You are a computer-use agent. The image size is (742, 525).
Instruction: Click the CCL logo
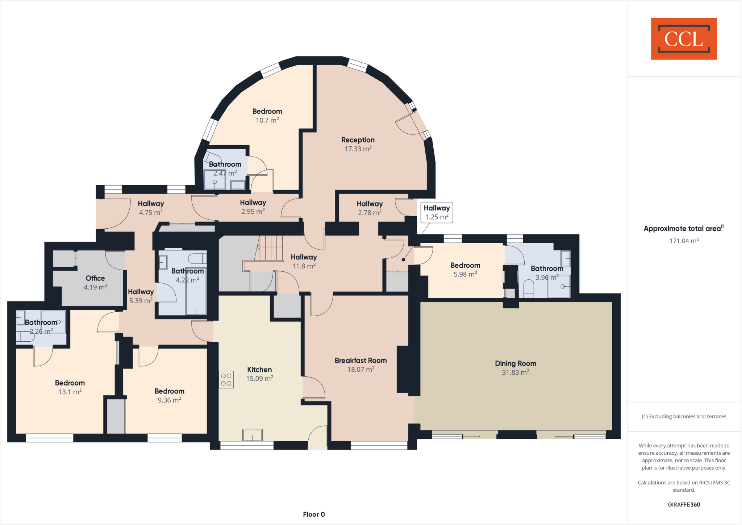684,39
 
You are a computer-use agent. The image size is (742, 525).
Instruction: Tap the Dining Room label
515,363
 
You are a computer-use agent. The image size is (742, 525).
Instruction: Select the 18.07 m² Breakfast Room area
360,370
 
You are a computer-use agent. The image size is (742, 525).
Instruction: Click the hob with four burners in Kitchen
226,380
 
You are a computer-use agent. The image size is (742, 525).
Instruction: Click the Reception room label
358,140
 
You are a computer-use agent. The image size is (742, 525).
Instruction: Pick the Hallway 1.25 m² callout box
437,212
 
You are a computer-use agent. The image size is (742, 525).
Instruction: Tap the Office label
95,278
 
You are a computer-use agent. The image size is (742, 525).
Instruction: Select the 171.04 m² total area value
684,241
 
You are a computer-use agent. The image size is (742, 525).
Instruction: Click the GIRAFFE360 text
684,504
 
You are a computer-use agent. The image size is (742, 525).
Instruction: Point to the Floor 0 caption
314,514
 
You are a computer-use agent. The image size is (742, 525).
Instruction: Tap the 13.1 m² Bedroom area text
70,392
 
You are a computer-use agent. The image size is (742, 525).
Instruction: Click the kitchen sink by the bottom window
252,434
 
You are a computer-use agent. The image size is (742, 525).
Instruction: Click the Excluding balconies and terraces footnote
684,416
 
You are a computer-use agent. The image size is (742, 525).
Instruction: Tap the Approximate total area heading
683,229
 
